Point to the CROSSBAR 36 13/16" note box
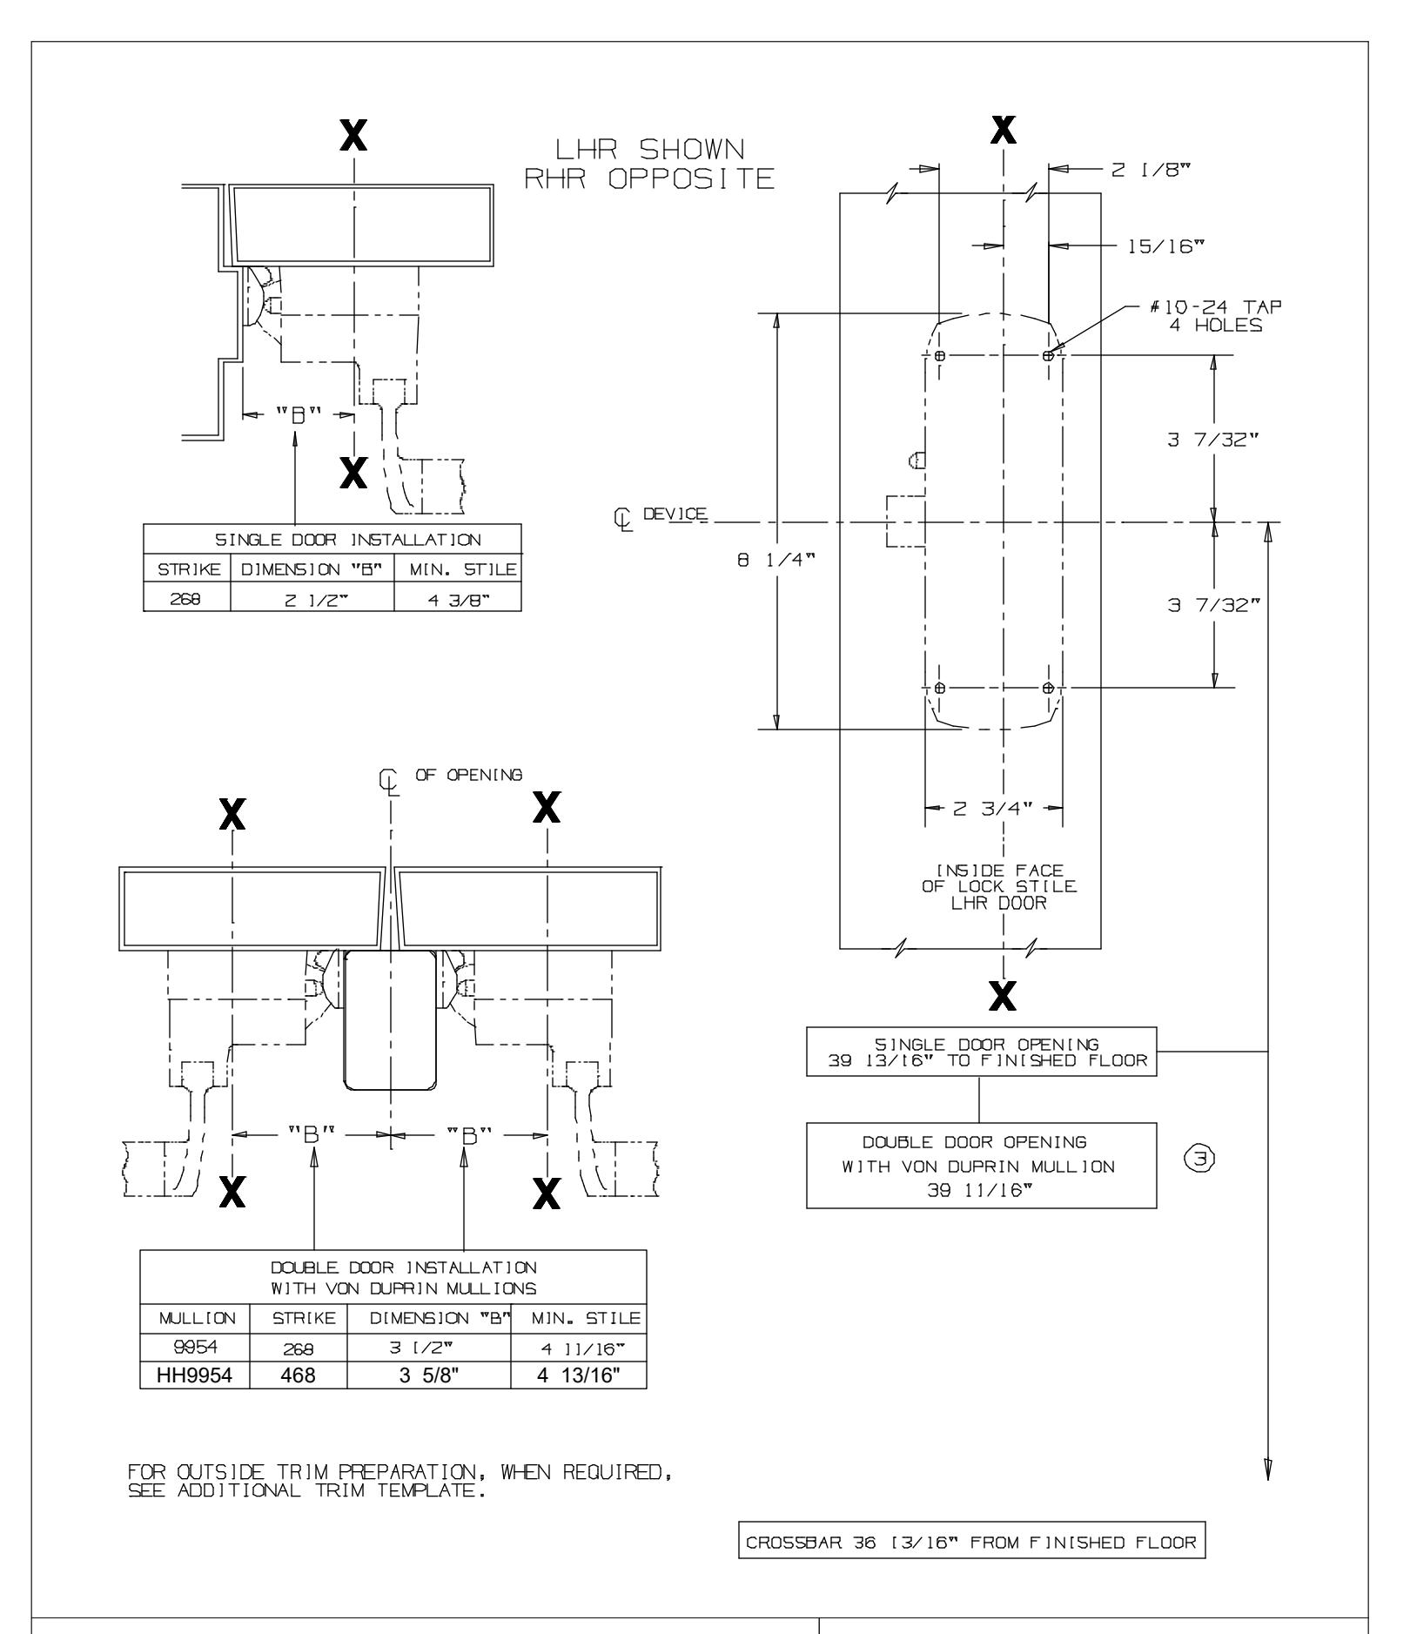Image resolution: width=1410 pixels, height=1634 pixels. (x=971, y=1543)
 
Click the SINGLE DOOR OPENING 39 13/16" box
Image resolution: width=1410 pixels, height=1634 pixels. (x=981, y=1052)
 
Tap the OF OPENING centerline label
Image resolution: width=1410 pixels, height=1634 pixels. (x=468, y=775)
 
